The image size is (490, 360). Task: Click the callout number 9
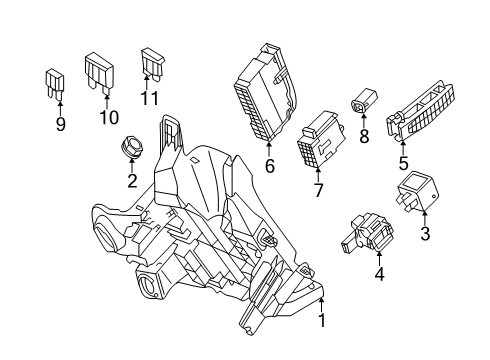click(60, 124)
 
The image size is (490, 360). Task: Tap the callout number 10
click(109, 117)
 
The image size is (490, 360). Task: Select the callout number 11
click(149, 98)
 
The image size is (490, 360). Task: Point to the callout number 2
click(132, 181)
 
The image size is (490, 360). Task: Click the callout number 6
click(270, 166)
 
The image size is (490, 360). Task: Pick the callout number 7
click(318, 190)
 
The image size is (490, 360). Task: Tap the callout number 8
click(364, 136)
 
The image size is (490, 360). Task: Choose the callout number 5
click(403, 164)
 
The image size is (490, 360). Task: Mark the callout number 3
click(425, 233)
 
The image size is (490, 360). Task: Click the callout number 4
click(379, 274)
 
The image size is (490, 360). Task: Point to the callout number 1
click(322, 320)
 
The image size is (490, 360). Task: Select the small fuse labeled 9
click(54, 84)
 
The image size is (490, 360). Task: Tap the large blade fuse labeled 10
click(99, 73)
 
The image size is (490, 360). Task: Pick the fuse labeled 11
click(152, 63)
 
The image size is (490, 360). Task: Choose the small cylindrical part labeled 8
click(364, 99)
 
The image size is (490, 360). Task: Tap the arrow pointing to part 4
click(379, 259)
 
